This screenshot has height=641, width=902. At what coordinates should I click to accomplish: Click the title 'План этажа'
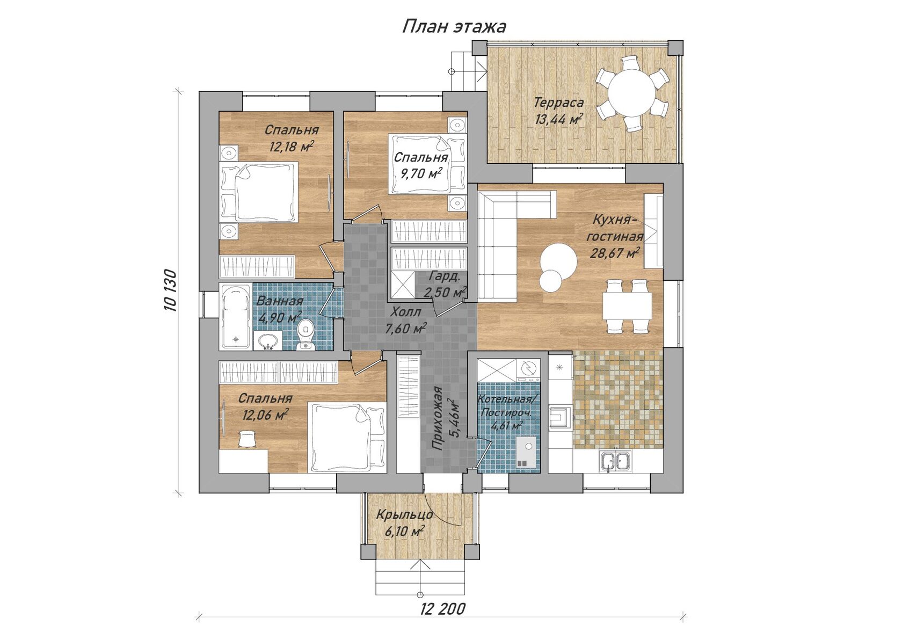coord(454,27)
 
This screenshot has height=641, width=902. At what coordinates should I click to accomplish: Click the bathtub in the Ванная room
coord(236,316)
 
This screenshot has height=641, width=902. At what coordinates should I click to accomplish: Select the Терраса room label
coord(558,103)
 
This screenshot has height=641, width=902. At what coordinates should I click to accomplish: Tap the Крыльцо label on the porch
coord(405,515)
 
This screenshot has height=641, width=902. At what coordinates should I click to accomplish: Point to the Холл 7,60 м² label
coord(406,320)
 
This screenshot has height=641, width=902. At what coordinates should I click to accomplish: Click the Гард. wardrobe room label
coord(444,276)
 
